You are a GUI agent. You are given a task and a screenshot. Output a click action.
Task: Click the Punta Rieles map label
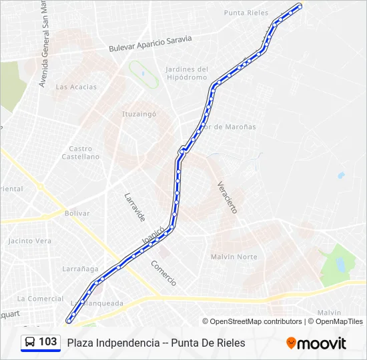pos(246,13)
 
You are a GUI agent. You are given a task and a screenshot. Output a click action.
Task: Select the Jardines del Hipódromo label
pos(187,73)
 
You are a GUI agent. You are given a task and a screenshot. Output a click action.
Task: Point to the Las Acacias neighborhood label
pos(76,87)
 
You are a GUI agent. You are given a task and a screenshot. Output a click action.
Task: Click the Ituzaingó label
pos(139,114)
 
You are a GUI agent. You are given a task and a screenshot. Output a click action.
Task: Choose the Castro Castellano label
pos(81,153)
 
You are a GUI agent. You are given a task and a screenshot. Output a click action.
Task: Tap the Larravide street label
pos(134,207)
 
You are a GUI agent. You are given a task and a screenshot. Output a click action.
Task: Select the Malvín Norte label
pos(234,257)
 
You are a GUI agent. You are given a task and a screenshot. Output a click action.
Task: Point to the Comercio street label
pos(163,273)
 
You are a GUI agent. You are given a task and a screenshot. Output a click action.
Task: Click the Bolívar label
pos(77,213)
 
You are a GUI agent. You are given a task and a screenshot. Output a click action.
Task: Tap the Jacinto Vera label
pos(29,241)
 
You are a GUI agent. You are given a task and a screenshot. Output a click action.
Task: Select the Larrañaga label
pos(80,269)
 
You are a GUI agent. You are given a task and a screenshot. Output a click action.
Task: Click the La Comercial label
pos(40,298)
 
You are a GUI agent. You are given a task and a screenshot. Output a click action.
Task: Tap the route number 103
pos(48,342)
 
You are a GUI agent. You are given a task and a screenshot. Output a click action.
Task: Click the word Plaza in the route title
pos(80,343)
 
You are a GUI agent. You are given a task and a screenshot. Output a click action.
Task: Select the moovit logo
pos(316,343)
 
